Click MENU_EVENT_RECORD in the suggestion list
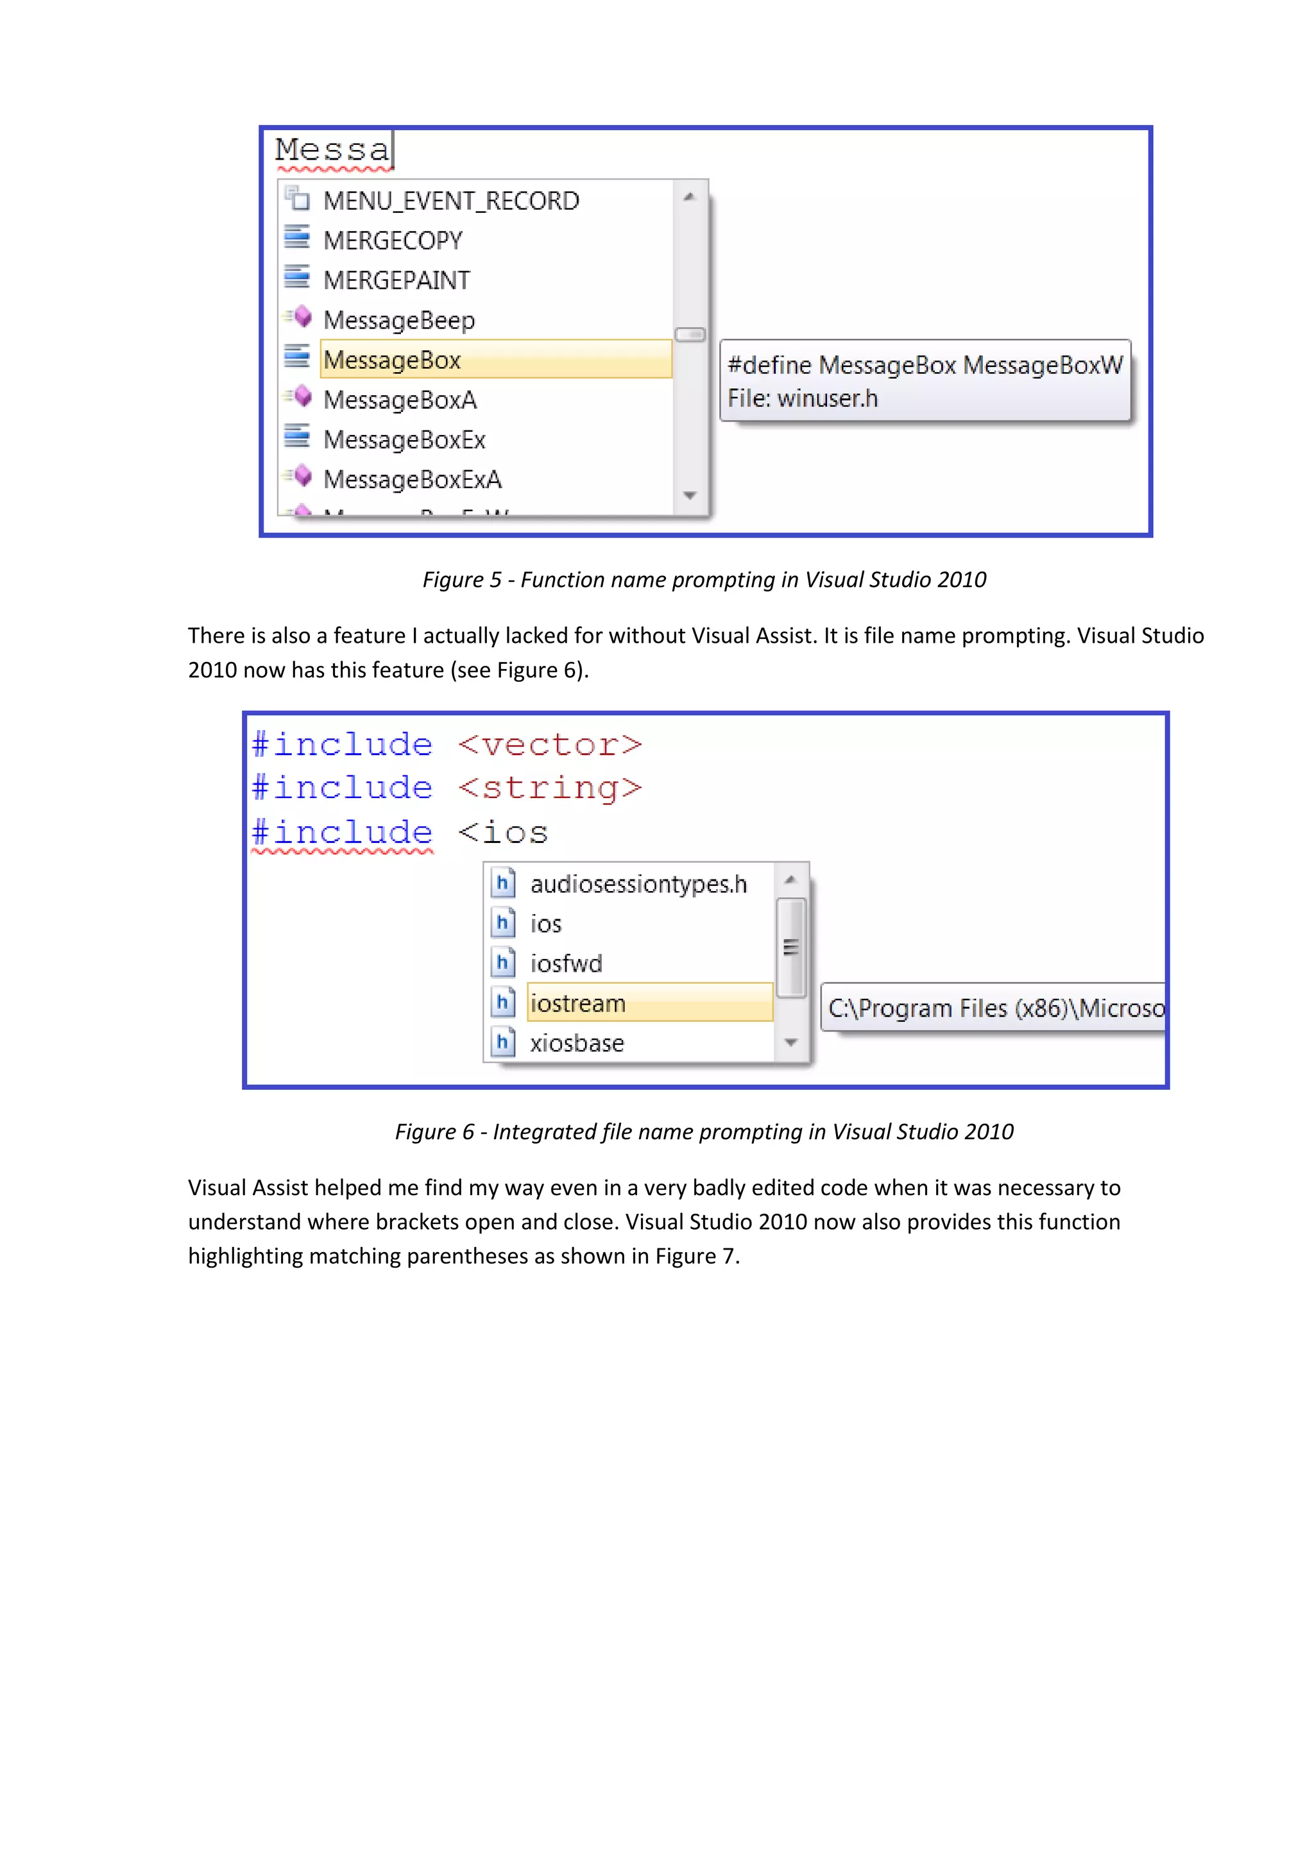click(451, 201)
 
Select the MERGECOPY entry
click(393, 241)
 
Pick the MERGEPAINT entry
click(396, 280)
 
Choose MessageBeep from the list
click(398, 320)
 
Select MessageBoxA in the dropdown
click(400, 400)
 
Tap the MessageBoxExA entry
click(412, 479)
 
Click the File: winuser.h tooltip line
click(803, 398)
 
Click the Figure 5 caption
click(704, 580)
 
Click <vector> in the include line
click(550, 745)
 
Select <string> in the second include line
click(550, 788)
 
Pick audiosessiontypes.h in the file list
click(638, 884)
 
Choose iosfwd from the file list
click(566, 963)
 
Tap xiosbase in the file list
click(576, 1043)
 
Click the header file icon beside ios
click(503, 923)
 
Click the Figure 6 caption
click(704, 1132)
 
